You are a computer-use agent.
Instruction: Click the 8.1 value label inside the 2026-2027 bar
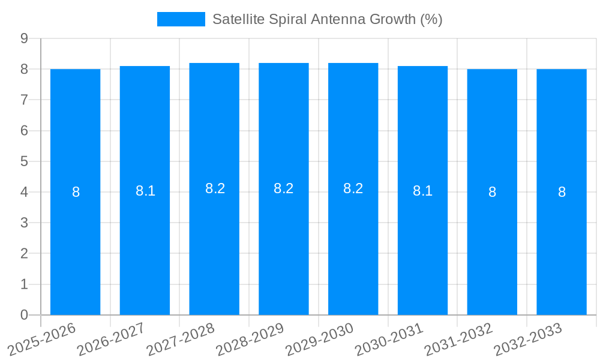(145, 191)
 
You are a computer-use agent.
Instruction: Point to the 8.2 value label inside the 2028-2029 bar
(283, 188)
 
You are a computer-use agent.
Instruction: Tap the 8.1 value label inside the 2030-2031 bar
(422, 191)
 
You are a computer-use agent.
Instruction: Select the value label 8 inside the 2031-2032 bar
(492, 192)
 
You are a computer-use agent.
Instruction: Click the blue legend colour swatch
(181, 19)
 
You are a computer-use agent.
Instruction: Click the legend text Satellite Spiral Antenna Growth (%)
(327, 19)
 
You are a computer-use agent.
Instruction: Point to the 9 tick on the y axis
(25, 38)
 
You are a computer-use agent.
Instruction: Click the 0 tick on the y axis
(25, 315)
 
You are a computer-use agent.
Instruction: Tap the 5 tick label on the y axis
(25, 161)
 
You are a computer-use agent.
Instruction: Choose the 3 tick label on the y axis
(25, 223)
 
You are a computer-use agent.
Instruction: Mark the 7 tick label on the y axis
(25, 100)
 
